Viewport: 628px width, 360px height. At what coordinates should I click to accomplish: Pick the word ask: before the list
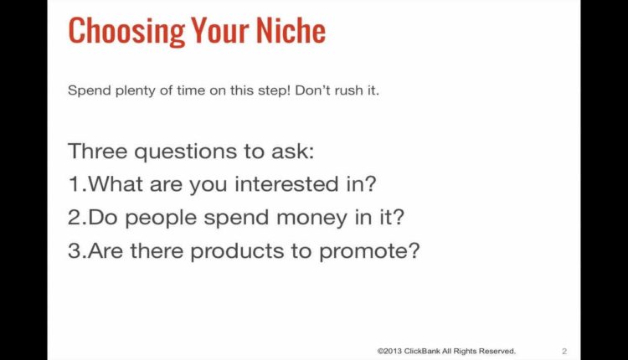(292, 152)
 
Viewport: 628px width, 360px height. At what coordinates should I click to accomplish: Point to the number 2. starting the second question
(77, 218)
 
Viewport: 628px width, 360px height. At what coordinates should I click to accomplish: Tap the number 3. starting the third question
(77, 251)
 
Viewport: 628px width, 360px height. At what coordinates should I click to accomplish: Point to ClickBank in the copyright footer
(428, 351)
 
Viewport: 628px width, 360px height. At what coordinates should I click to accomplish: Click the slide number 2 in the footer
(564, 351)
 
